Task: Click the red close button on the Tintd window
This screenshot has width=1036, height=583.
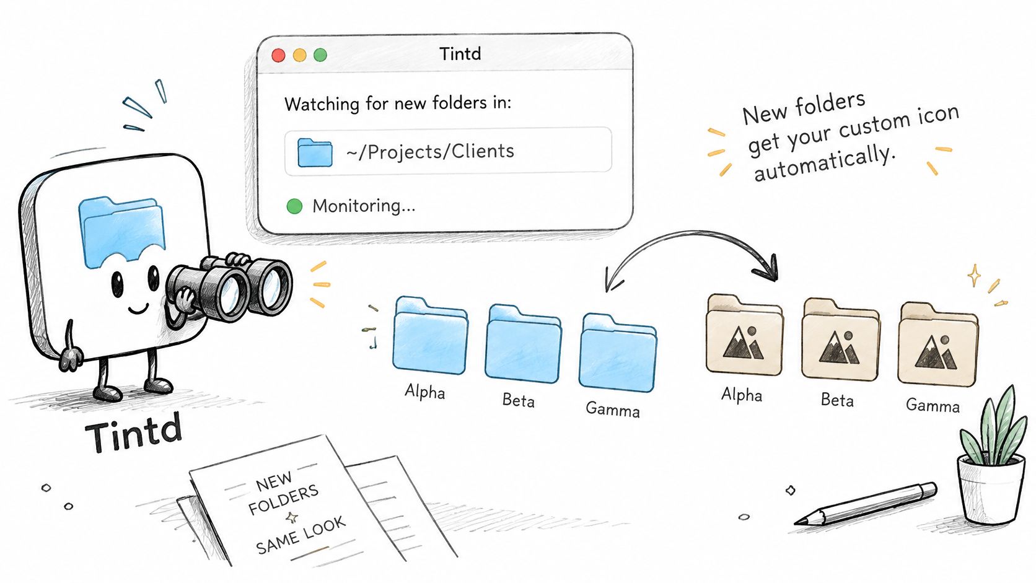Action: pos(278,55)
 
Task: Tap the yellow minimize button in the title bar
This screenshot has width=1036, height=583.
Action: pos(300,55)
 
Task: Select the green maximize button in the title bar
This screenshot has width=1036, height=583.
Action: pos(320,55)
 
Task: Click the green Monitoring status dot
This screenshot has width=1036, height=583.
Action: pos(294,206)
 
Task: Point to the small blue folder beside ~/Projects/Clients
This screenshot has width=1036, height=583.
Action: pos(315,152)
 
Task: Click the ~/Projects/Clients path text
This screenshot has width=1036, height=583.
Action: pos(430,152)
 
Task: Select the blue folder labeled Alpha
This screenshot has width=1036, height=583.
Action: pos(430,335)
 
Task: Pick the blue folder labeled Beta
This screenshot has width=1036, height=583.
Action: pos(523,343)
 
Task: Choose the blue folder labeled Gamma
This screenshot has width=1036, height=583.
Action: pos(617,353)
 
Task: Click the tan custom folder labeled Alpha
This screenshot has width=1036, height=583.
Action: pos(744,335)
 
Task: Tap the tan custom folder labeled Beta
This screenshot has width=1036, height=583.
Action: pos(840,340)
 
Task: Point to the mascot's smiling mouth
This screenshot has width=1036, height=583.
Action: pos(138,309)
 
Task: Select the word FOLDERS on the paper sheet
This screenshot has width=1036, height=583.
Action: pos(284,499)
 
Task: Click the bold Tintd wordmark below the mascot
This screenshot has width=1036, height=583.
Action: pos(134,432)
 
